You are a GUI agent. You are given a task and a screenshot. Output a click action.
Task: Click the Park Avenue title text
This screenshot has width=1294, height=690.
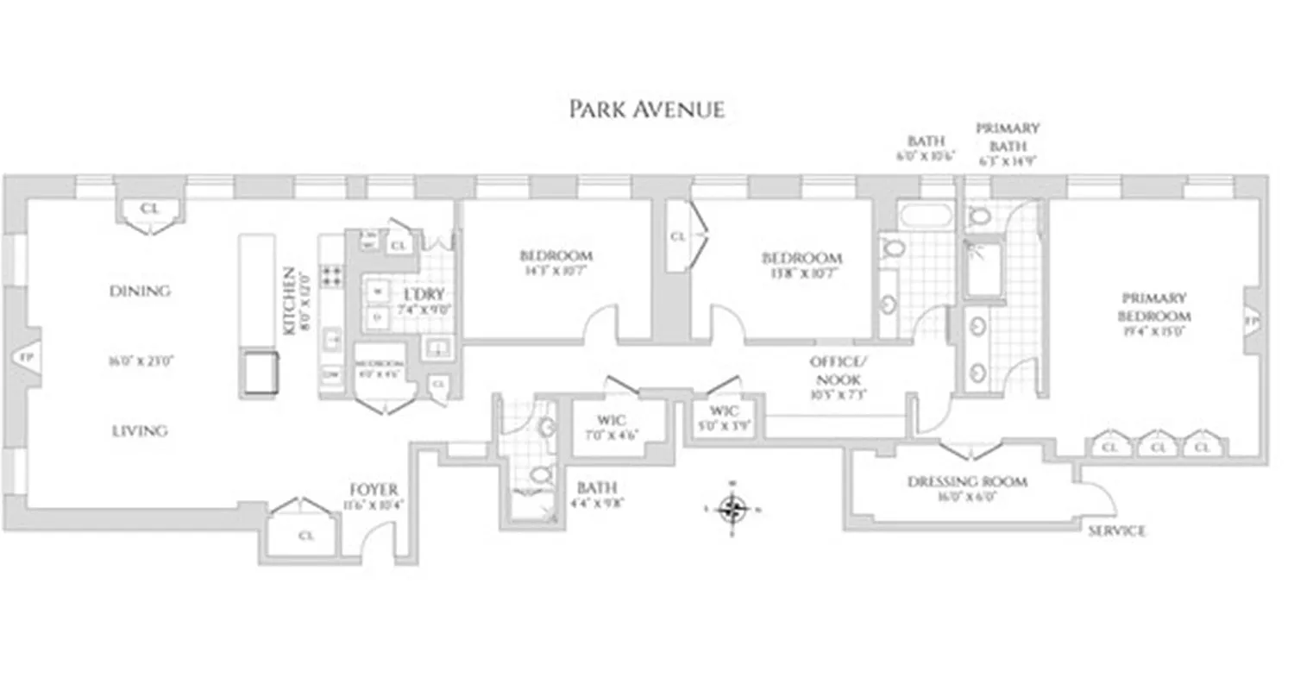[646, 110]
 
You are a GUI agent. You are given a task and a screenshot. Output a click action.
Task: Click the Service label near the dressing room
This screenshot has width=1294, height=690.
[1116, 531]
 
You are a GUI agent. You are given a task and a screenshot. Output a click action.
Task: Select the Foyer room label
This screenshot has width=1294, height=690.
[374, 490]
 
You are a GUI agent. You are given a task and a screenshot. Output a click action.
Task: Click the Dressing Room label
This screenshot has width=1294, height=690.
[967, 481]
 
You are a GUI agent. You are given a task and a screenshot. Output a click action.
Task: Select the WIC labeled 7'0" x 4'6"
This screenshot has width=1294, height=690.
[616, 420]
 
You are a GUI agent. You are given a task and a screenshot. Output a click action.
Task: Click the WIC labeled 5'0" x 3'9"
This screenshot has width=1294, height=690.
[721, 411]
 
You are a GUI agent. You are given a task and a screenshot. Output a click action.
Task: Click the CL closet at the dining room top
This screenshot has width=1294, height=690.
[150, 210]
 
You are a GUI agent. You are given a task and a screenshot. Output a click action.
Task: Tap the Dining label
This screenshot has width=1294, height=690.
[139, 292]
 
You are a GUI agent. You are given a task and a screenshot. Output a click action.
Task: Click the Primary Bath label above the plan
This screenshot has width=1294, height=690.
[1007, 135]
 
